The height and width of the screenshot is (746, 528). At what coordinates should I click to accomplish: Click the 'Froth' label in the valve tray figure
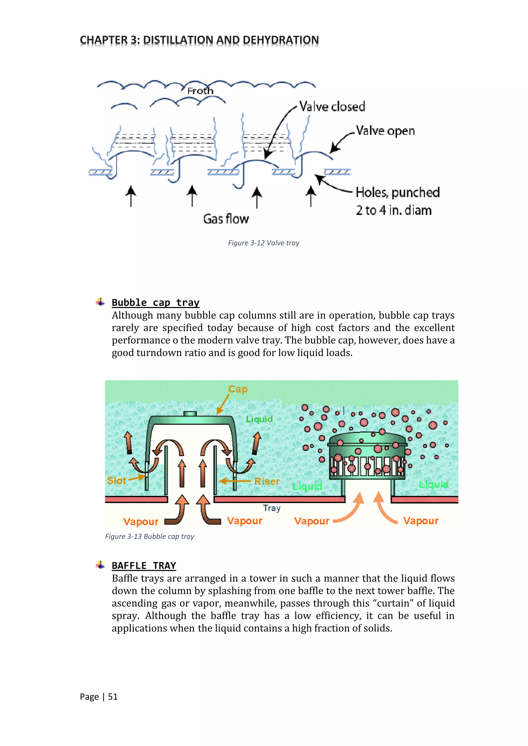(200, 91)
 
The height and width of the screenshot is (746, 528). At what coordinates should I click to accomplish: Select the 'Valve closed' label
(332, 107)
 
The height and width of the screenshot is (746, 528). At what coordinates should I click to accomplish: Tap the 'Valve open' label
(385, 131)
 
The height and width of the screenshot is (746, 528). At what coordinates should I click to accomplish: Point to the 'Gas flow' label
(226, 219)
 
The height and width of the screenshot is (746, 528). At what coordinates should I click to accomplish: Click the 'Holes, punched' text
(398, 192)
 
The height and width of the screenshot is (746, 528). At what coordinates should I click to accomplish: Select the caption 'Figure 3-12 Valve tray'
(263, 243)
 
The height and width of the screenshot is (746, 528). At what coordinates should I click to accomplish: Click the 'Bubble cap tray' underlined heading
(155, 302)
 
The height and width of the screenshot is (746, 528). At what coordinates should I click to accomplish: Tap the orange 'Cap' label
(238, 389)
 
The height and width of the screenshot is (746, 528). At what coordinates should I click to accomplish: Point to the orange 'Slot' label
(116, 480)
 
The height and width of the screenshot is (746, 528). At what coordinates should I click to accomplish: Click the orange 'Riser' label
(267, 481)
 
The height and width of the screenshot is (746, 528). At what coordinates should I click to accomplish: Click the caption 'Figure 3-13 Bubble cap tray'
(150, 536)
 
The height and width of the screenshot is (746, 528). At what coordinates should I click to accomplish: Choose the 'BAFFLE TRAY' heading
(144, 566)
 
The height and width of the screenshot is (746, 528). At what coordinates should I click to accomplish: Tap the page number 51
(113, 696)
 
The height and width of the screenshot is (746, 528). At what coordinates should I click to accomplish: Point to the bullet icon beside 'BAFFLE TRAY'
(101, 565)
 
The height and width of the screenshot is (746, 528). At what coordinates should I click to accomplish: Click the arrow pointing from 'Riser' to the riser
(235, 481)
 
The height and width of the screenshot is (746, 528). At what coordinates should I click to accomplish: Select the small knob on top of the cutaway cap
(190, 414)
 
